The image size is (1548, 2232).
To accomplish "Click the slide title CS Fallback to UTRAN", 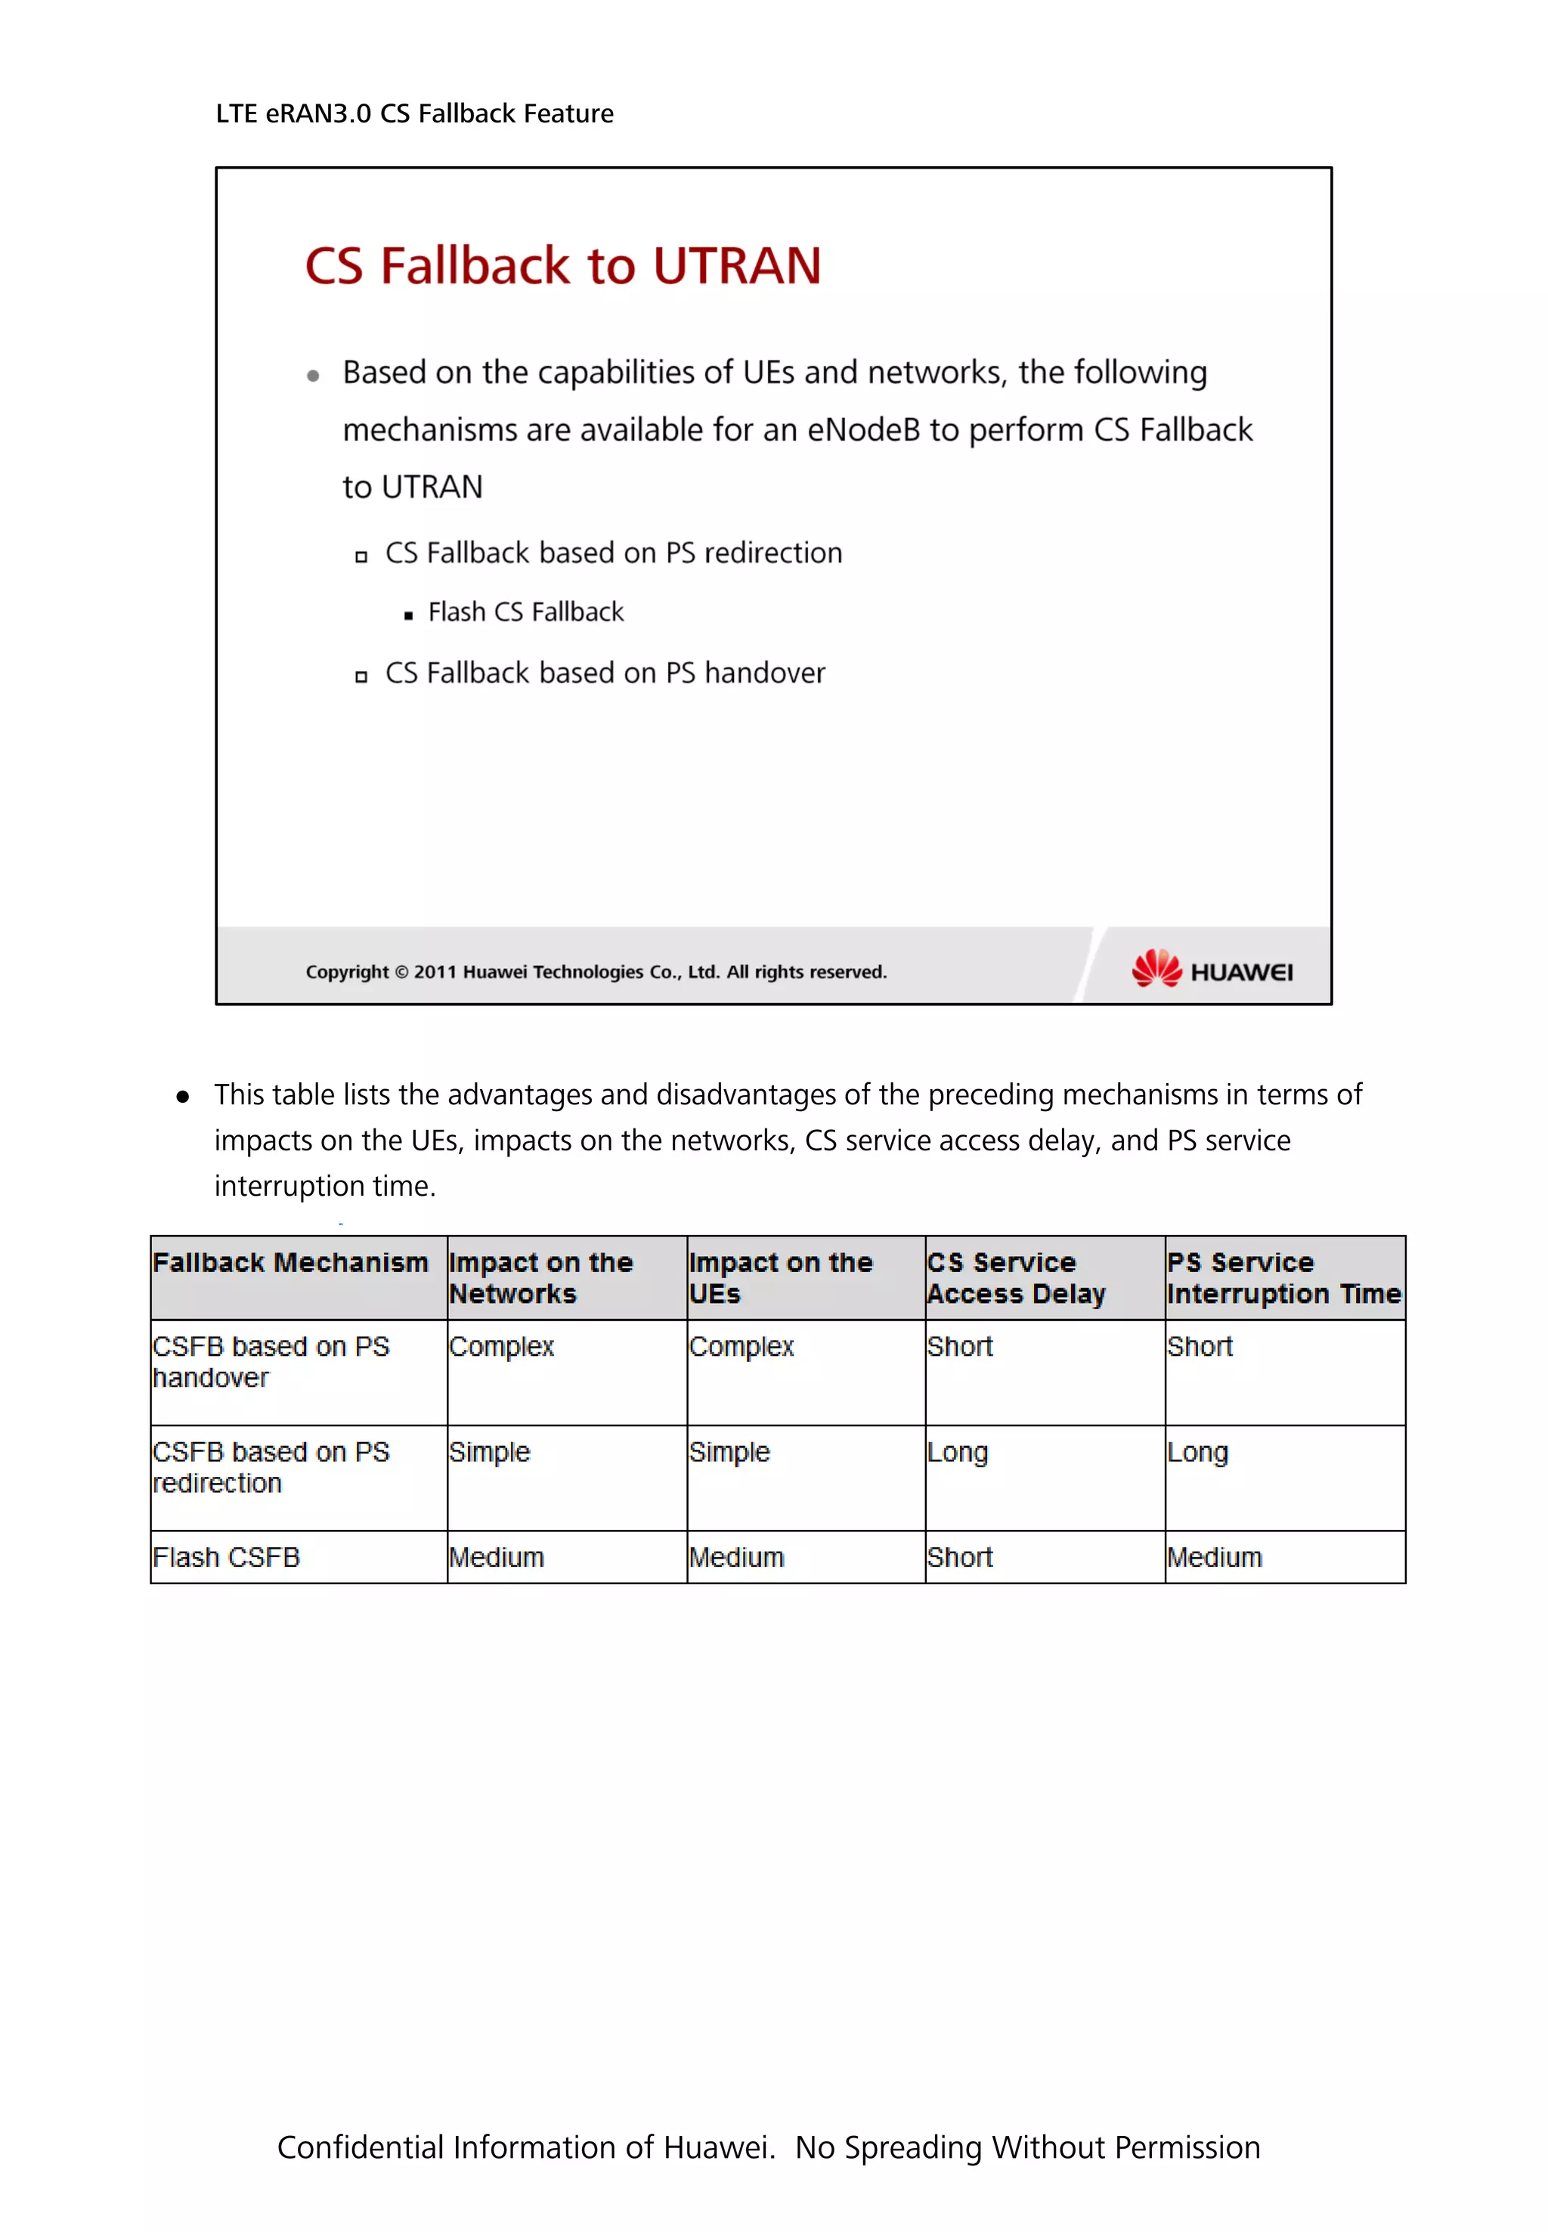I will point(562,266).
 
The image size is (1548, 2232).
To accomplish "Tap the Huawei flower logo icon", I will point(1156,968).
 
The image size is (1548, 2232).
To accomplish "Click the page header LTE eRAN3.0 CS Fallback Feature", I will point(414,113).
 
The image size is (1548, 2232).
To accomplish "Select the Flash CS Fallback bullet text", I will point(525,612).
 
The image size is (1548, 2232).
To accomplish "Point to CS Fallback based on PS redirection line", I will point(613,553).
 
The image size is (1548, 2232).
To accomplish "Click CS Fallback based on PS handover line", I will point(604,673).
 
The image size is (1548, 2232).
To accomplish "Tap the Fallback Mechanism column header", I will point(290,1262).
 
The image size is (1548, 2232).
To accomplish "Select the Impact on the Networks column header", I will point(540,1277).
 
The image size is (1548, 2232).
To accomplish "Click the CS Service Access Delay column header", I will point(1016,1277).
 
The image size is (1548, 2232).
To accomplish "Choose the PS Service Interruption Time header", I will point(1283,1277).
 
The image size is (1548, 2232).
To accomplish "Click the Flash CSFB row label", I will point(226,1557).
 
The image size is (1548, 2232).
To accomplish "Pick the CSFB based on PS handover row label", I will point(270,1362).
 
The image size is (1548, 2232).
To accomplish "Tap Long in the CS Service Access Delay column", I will point(958,1452).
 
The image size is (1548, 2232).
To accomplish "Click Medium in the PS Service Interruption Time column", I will point(1215,1557).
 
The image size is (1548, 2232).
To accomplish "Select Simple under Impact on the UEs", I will point(729,1452).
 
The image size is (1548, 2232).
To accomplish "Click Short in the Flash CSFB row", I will point(959,1557).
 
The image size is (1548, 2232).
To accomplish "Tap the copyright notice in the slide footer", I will point(596,972).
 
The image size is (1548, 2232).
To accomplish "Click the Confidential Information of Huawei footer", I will point(768,2147).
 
